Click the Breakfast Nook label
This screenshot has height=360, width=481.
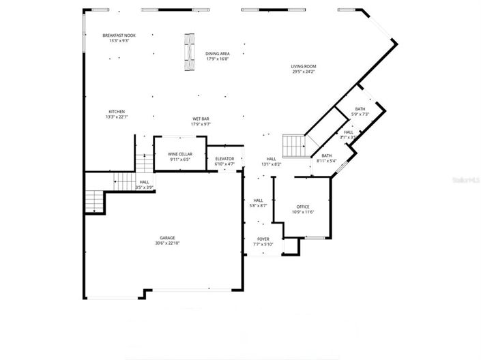(x=119, y=35)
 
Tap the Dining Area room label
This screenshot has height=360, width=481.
(x=218, y=53)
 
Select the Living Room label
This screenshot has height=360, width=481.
(x=304, y=66)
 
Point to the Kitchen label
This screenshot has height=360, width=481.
(x=117, y=112)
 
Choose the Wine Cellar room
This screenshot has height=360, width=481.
(x=180, y=154)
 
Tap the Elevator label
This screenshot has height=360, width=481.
(x=224, y=159)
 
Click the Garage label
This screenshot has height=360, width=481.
(x=167, y=238)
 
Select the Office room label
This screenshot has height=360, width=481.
(x=303, y=207)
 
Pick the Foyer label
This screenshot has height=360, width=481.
(x=263, y=239)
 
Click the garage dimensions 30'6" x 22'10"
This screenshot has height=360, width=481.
(x=167, y=243)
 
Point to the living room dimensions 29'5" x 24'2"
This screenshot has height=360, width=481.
(x=304, y=72)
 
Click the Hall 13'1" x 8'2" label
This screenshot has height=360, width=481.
(x=271, y=162)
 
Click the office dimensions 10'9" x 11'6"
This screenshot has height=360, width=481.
(x=303, y=212)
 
